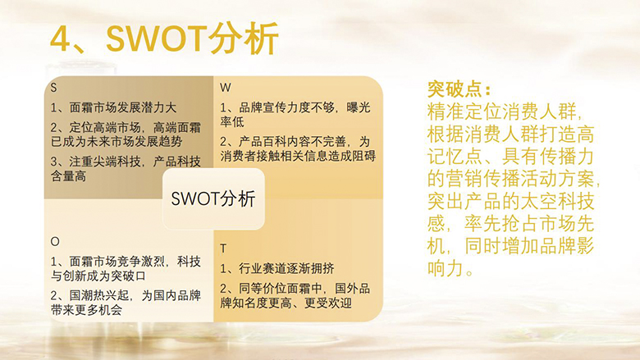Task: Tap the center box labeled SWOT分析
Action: [x=213, y=198]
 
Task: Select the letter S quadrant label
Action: [x=53, y=88]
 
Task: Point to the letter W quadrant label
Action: [x=226, y=88]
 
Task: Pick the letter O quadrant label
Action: [x=55, y=241]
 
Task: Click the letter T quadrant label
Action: [x=223, y=248]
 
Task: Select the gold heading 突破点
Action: [x=459, y=89]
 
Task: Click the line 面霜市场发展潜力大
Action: [x=123, y=107]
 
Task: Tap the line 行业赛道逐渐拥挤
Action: [x=286, y=268]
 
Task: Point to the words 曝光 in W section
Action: [x=359, y=107]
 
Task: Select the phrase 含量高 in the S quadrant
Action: [x=69, y=176]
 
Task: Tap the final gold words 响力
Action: [x=446, y=269]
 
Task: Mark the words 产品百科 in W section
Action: [x=263, y=142]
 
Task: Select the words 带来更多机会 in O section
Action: [x=86, y=310]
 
